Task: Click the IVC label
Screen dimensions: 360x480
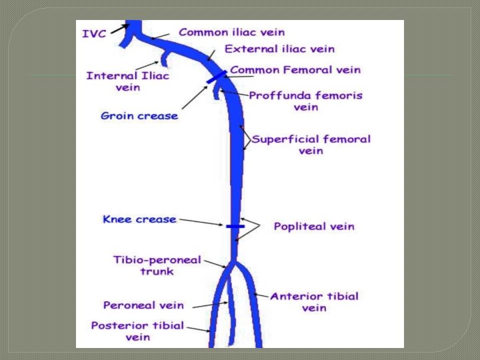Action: pyautogui.click(x=94, y=33)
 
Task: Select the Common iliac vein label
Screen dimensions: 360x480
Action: pyautogui.click(x=231, y=31)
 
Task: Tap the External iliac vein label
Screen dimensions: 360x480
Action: pyautogui.click(x=279, y=49)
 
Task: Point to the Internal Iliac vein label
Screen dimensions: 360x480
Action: pyautogui.click(x=127, y=81)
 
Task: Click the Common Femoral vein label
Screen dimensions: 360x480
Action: pyautogui.click(x=295, y=70)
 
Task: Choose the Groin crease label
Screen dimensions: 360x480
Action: pyautogui.click(x=139, y=116)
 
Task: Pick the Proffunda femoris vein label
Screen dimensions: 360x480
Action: pyautogui.click(x=305, y=101)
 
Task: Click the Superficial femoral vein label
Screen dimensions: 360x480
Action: pyautogui.click(x=311, y=145)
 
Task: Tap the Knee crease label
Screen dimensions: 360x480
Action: pyautogui.click(x=139, y=219)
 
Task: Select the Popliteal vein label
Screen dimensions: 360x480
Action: pyautogui.click(x=314, y=227)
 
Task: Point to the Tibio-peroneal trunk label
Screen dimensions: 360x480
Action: pyautogui.click(x=157, y=265)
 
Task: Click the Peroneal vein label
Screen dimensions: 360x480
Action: pyautogui.click(x=143, y=305)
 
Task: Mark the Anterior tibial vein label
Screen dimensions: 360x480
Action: pyautogui.click(x=314, y=302)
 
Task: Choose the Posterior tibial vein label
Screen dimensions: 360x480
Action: pyautogui.click(x=137, y=331)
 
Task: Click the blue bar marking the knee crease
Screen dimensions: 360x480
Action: pyautogui.click(x=235, y=227)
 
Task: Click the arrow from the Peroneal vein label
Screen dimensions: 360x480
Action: pyautogui.click(x=211, y=305)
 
